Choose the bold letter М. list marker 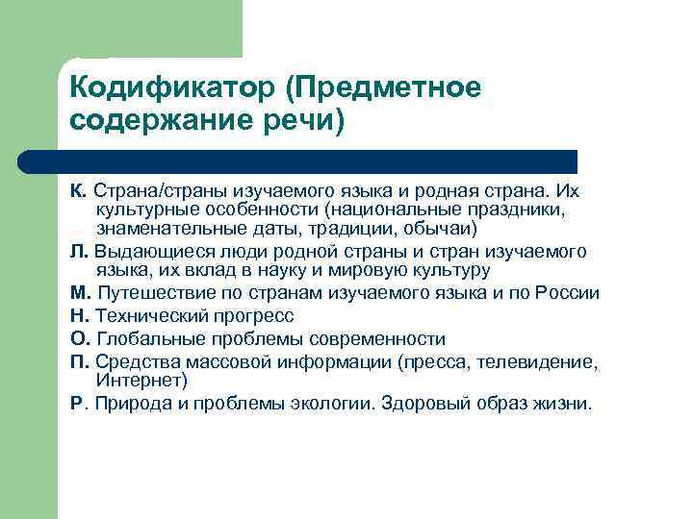pos(80,294)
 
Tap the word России pos(567,294)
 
